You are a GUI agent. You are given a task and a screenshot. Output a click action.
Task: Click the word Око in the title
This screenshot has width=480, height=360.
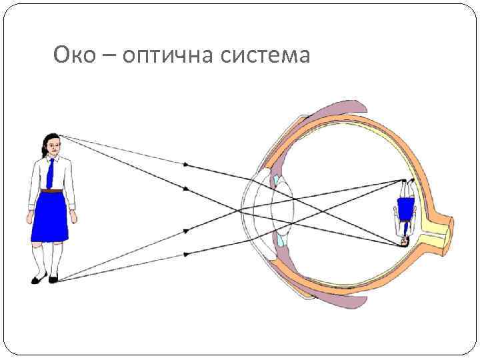[74, 55]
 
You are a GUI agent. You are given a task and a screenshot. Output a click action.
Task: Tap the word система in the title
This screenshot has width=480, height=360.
[266, 55]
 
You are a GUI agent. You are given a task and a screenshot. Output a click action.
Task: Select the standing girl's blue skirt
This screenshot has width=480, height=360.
[50, 217]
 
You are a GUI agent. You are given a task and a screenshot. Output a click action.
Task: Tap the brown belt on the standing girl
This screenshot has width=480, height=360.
[51, 191]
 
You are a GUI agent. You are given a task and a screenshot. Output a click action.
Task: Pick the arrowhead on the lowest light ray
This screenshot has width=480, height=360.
[186, 254]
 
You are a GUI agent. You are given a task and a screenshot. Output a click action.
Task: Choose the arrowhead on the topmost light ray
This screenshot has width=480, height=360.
[186, 164]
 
